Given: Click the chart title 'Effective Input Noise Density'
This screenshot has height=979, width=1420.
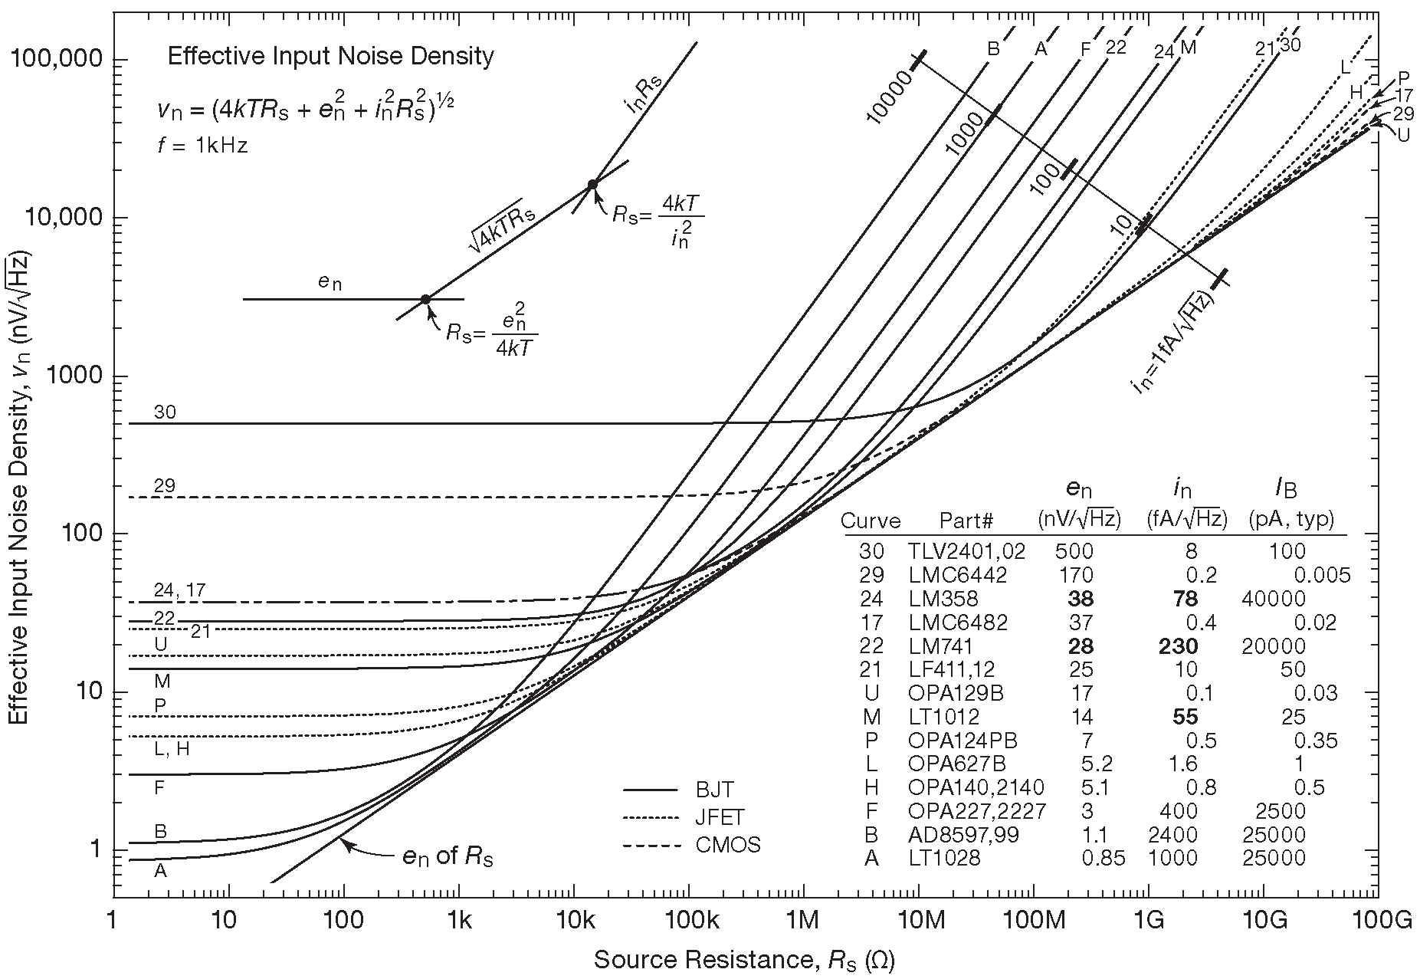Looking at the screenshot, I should (x=330, y=57).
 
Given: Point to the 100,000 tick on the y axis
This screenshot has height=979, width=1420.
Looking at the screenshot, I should (x=58, y=60).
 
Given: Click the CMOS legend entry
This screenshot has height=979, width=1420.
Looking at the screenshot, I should (x=727, y=845).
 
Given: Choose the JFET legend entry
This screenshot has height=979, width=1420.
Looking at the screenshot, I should (x=720, y=817).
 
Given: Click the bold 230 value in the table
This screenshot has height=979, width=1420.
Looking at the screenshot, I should (x=1178, y=646).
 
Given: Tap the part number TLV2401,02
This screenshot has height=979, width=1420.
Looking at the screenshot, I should (x=966, y=550).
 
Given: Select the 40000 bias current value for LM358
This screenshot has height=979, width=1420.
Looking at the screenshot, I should (x=1272, y=598).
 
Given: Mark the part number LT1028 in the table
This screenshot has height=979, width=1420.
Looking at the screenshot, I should (x=944, y=858).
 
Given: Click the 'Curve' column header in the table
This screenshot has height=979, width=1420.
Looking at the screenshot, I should (x=871, y=521).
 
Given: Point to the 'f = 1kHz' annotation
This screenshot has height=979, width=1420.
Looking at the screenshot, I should (x=202, y=146).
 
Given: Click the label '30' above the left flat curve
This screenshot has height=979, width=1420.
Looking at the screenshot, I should (x=165, y=412).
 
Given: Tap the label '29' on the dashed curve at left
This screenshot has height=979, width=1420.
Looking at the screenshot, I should (x=165, y=485).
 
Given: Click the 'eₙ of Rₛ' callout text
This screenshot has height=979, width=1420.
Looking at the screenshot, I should (x=448, y=856).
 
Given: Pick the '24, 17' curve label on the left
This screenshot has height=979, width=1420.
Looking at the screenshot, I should (x=179, y=590).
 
